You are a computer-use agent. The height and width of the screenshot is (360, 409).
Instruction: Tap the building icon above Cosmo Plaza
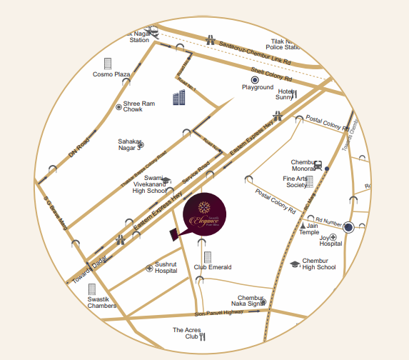pos(108,63)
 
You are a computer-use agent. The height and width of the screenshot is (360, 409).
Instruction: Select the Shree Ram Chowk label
pos(139,106)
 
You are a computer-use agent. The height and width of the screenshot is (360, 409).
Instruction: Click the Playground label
pos(258,87)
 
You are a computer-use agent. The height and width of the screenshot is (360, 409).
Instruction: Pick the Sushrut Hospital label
pos(166,267)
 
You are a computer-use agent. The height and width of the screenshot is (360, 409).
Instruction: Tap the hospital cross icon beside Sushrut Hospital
pos(149,268)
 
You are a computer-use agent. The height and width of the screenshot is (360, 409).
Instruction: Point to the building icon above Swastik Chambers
pos(91,290)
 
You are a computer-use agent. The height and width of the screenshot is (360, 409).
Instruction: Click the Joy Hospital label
pos(330,239)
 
